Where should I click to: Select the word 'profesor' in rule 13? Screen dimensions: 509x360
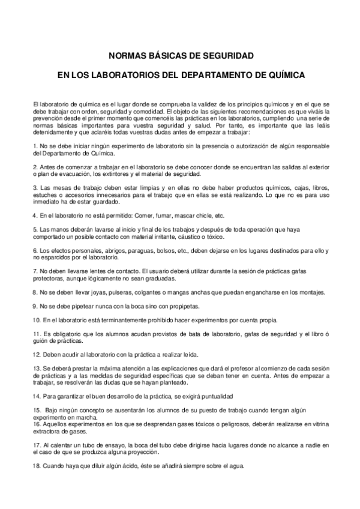(x=230, y=368)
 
